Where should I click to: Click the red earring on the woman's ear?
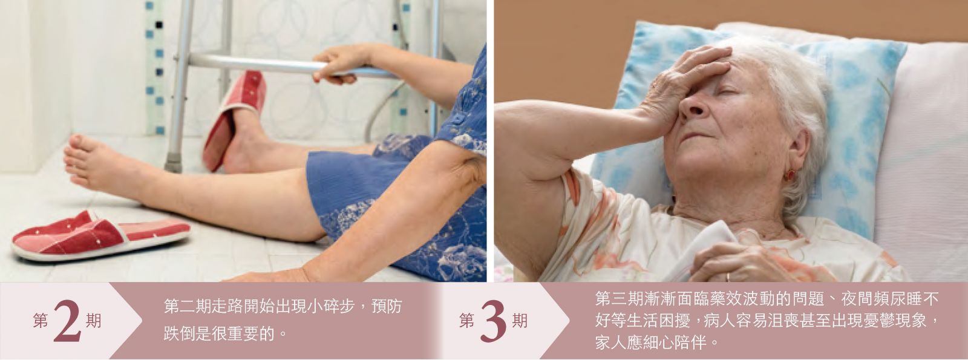click(x=790, y=175)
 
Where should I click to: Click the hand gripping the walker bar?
click(x=341, y=64)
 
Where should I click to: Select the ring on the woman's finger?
click(x=728, y=277)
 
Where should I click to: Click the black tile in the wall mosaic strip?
click(x=159, y=25)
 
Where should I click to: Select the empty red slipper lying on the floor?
click(x=102, y=235)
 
